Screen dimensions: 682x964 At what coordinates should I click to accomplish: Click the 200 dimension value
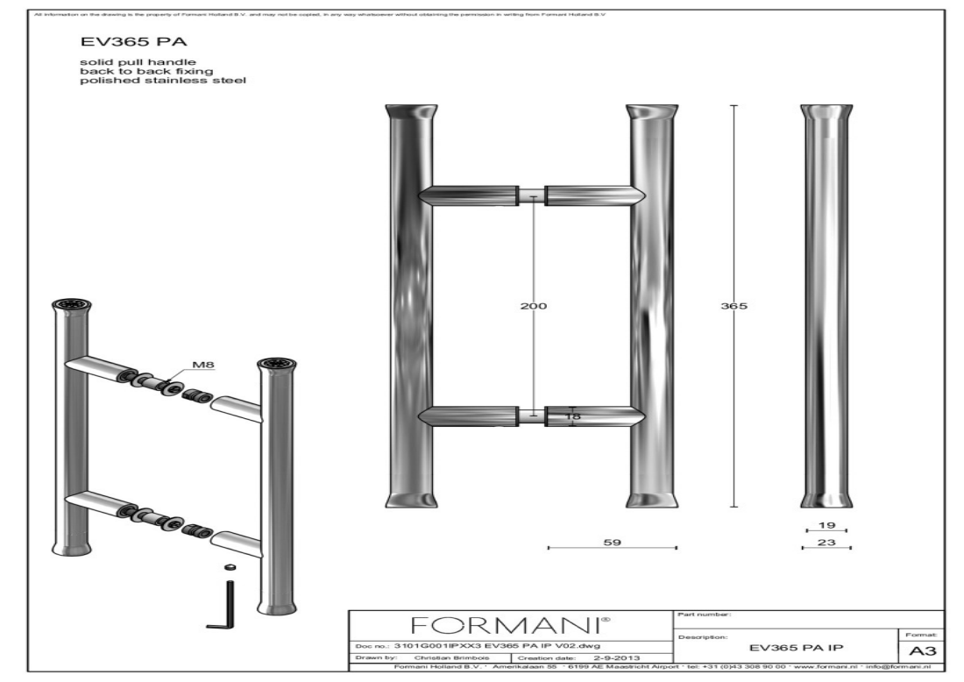click(534, 306)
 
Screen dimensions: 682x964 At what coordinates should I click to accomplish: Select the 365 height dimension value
click(733, 306)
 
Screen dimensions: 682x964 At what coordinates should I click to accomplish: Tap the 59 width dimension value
click(613, 543)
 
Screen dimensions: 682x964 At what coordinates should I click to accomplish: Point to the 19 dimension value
click(826, 525)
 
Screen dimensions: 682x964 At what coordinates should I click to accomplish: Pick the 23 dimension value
click(826, 543)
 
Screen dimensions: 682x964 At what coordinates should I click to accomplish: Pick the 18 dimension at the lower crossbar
click(573, 416)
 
